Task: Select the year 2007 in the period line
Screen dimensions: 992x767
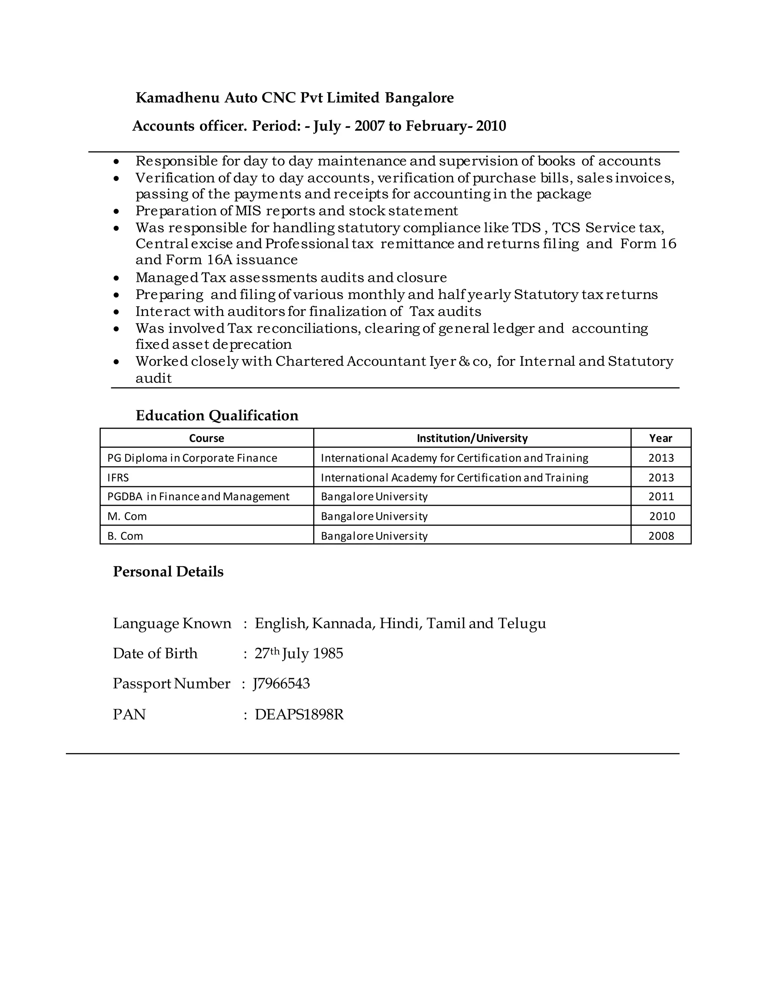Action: coord(369,126)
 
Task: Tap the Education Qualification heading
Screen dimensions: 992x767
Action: coord(217,415)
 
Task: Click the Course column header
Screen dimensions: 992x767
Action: coord(206,438)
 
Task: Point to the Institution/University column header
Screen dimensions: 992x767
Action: coord(472,438)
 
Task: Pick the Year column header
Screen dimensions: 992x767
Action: coord(660,438)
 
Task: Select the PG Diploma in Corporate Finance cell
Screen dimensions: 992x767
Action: coord(192,458)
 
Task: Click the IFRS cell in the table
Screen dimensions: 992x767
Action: coord(118,478)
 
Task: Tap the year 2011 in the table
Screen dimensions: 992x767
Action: coord(661,496)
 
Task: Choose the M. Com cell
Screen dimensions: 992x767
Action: coord(127,517)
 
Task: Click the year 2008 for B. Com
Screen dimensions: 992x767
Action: coord(661,536)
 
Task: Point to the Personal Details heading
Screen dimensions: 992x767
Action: coord(168,571)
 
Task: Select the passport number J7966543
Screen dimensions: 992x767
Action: coord(282,684)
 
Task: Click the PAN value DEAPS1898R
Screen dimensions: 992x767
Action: coord(299,715)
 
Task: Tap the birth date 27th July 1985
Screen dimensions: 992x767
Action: coord(298,654)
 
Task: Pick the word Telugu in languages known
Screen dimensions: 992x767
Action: coord(522,623)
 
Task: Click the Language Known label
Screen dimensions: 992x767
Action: coord(172,623)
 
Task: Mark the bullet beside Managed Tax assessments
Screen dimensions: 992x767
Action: coord(117,278)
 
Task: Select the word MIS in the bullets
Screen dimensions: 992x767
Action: coord(248,211)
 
